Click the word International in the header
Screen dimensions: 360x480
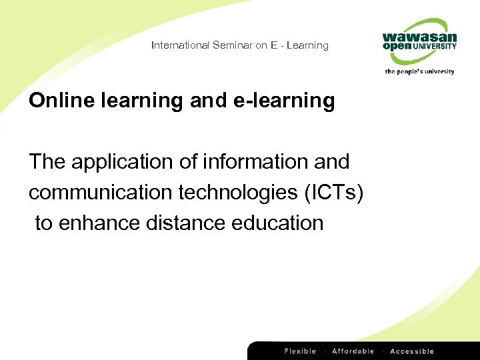point(180,45)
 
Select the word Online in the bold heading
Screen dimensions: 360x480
point(60,101)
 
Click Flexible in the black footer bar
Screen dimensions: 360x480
point(301,351)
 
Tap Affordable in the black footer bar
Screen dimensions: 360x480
point(353,351)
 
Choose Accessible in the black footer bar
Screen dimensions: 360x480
point(412,351)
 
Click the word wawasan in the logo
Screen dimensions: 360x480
point(419,37)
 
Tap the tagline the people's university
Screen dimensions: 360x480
point(419,71)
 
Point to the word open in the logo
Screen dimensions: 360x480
point(397,48)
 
